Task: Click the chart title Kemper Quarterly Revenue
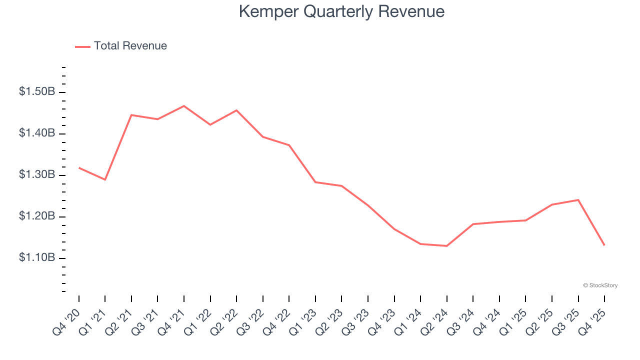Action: [341, 11]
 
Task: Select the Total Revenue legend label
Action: [130, 46]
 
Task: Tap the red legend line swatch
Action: [82, 46]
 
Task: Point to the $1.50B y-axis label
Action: [37, 92]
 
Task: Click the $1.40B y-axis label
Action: [37, 133]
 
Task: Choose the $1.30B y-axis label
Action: [37, 175]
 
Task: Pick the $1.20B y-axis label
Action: [37, 216]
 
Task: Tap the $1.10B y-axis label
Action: [37, 258]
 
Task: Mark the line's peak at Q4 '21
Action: [184, 106]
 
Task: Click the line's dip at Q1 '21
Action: [105, 179]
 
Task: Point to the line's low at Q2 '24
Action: [446, 246]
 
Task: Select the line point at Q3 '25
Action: [578, 200]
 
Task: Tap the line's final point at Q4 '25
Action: [604, 245]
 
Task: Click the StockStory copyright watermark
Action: [600, 285]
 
